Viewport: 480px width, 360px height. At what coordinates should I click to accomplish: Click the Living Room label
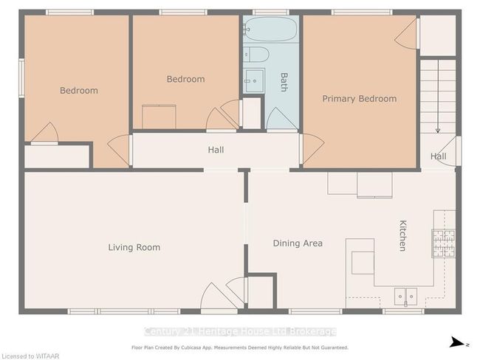pos(134,247)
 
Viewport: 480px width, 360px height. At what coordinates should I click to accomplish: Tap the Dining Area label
pos(298,243)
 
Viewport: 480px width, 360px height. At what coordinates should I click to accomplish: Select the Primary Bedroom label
pos(359,98)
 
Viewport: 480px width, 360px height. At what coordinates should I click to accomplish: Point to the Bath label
pos(284,81)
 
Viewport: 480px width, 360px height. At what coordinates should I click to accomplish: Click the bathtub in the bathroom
pos(270,30)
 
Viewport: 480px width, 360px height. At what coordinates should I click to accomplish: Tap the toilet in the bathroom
pos(257,55)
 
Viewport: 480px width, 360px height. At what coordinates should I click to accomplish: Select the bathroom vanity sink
pos(254,80)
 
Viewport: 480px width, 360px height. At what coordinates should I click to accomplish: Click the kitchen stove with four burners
pos(443,243)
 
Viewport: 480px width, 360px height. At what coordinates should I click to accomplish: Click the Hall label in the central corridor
pos(216,150)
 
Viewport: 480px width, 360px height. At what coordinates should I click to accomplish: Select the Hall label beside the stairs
pos(438,156)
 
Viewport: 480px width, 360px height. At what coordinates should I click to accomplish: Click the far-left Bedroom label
pos(78,91)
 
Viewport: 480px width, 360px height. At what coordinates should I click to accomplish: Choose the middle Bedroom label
pos(185,79)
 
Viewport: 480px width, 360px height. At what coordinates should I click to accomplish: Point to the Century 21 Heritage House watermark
pos(240,331)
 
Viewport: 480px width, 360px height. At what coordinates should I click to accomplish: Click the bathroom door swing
pos(281,118)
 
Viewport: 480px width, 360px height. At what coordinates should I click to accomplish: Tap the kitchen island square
pos(363,262)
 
